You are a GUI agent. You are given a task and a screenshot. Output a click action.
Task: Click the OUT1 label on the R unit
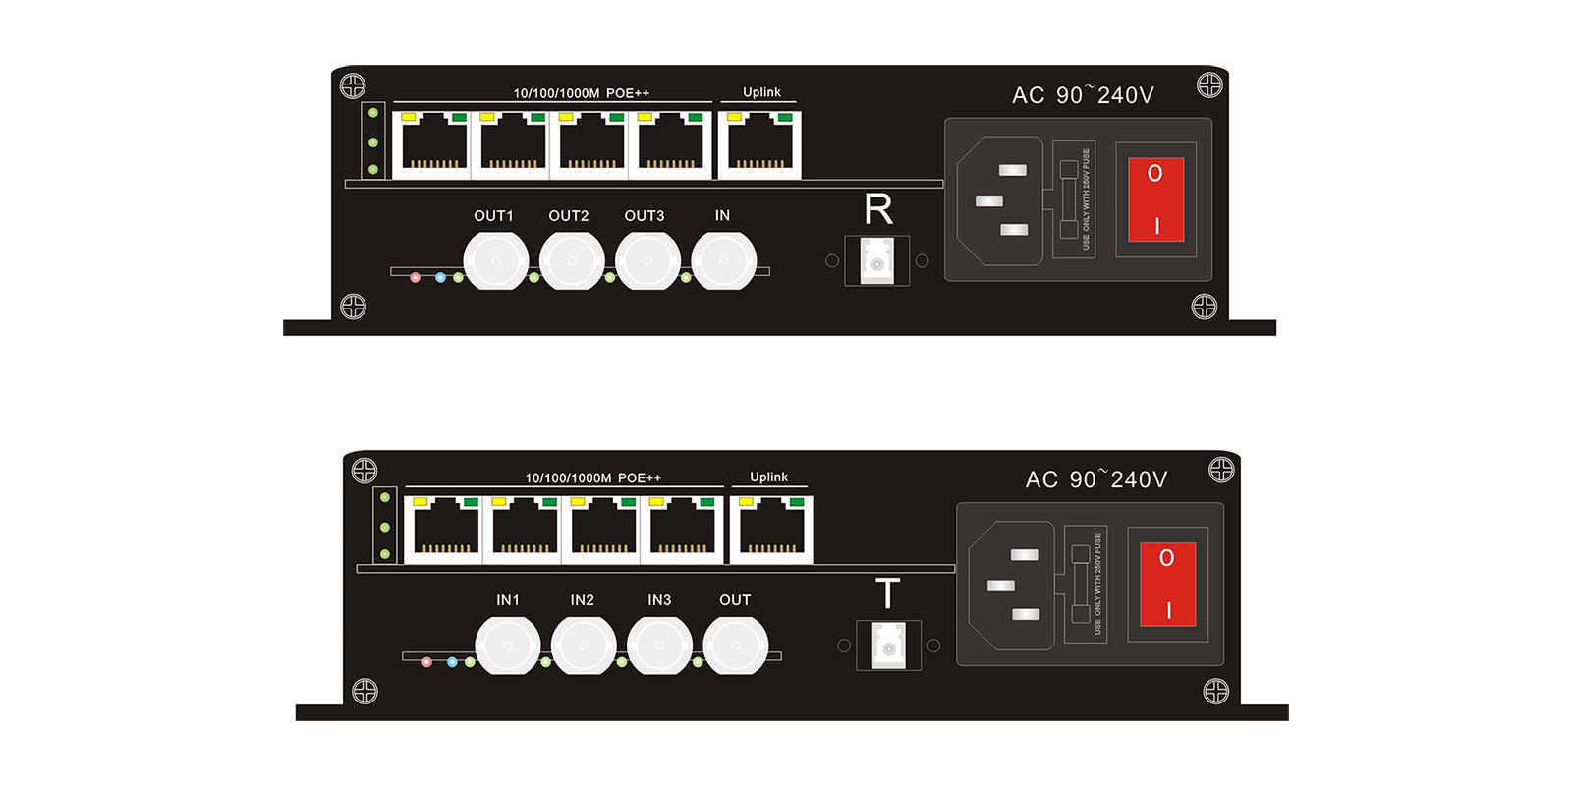pos(493,216)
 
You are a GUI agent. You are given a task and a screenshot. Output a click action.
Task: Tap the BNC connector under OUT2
pos(572,261)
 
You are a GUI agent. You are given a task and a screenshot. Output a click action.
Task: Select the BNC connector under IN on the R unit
pos(723,261)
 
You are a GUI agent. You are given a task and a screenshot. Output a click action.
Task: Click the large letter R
pos(878,210)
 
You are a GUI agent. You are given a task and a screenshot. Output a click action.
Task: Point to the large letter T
pos(887,594)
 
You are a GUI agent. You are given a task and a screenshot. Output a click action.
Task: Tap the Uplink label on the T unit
pos(768,477)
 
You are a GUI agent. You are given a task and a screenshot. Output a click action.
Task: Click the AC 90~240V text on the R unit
pos(1083,95)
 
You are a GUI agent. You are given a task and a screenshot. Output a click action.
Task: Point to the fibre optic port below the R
pos(877,261)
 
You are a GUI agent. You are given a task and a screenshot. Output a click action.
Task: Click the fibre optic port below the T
pos(888,646)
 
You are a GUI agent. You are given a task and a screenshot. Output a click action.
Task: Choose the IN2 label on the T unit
pos(582,600)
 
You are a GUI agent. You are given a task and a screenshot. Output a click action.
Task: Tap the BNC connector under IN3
pos(659,646)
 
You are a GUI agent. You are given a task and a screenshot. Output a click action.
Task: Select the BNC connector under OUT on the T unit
pos(735,646)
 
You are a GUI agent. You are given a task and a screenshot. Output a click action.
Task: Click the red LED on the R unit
pos(416,278)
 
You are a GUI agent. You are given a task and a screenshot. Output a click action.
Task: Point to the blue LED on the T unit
pos(452,662)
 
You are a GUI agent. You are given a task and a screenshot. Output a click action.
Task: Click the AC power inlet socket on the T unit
pos(1012,586)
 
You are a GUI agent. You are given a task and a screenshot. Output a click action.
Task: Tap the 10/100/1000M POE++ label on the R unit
pos(581,93)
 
